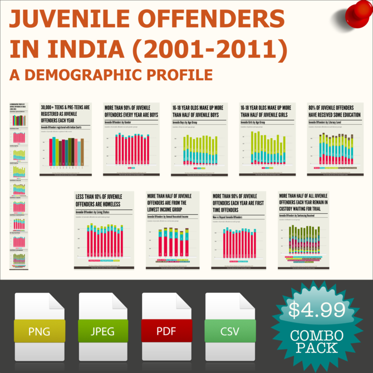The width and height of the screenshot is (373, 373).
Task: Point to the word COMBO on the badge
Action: click(x=316, y=336)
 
